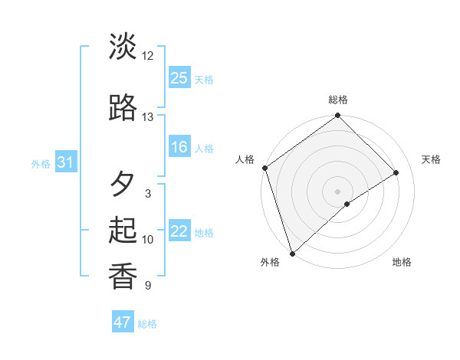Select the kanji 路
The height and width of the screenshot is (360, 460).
pyautogui.click(x=123, y=108)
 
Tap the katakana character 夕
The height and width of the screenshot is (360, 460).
pyautogui.click(x=123, y=184)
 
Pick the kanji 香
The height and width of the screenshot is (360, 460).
pyautogui.click(x=123, y=276)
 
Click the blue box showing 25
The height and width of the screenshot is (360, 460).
pyautogui.click(x=179, y=77)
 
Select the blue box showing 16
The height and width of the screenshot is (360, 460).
pyautogui.click(x=179, y=148)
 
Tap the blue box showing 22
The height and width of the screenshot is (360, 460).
pyautogui.click(x=179, y=232)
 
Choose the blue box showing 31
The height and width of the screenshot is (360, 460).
pyautogui.click(x=65, y=162)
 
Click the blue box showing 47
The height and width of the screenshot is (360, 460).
pyautogui.click(x=123, y=322)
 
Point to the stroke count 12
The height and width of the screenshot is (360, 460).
pyautogui.click(x=147, y=56)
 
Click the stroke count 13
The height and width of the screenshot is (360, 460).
pyautogui.click(x=147, y=117)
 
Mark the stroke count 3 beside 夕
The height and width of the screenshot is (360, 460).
pyautogui.click(x=147, y=194)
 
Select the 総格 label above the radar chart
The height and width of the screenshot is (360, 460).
pyautogui.click(x=337, y=100)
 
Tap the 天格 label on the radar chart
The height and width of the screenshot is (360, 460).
pyautogui.click(x=432, y=160)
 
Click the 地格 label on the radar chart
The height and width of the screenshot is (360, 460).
pyautogui.click(x=402, y=263)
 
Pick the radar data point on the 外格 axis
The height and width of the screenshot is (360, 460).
pyautogui.click(x=291, y=253)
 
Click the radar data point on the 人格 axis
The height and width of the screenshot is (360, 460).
pyautogui.click(x=264, y=168)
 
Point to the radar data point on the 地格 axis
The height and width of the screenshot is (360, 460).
pyautogui.click(x=347, y=204)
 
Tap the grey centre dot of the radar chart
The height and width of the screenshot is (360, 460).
pyautogui.click(x=337, y=191)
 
